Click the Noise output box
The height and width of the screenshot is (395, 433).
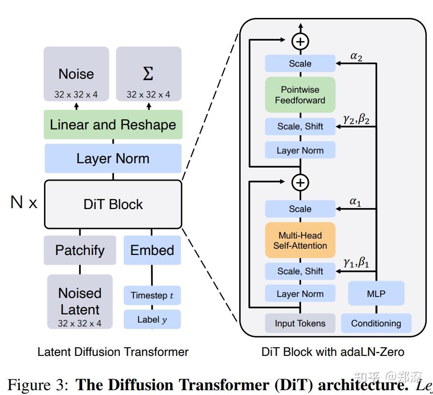click(76, 74)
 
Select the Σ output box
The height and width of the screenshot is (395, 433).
click(148, 74)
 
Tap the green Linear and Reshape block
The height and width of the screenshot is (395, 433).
click(113, 125)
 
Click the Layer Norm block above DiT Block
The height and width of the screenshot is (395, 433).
click(113, 158)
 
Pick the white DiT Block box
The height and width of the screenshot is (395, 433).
click(113, 204)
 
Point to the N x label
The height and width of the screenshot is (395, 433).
click(24, 203)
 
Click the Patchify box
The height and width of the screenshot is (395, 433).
click(80, 250)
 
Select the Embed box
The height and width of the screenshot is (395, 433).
click(152, 250)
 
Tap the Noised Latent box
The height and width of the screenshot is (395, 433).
click(80, 302)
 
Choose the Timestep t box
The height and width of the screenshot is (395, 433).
click(152, 296)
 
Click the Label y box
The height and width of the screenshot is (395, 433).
click(152, 320)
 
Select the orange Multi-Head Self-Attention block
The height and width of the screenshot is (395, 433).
click(300, 240)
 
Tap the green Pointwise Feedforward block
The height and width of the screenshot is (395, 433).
click(300, 95)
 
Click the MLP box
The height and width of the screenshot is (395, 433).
click(376, 294)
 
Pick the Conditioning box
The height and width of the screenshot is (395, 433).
click(376, 324)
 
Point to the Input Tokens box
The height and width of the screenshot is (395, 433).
click(300, 324)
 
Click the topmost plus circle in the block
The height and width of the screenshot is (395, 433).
click(300, 42)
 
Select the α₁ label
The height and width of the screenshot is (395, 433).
click(355, 202)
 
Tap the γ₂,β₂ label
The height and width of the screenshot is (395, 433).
click(356, 119)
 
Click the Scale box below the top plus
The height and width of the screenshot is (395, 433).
click(300, 64)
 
